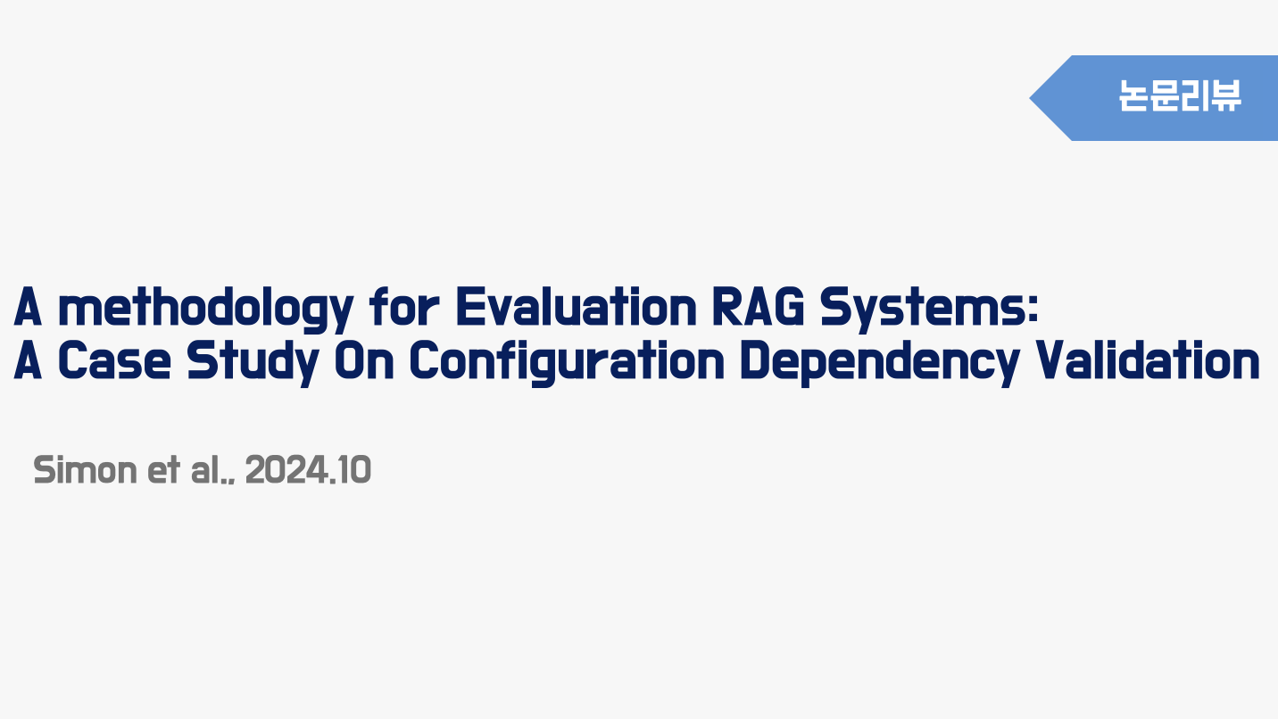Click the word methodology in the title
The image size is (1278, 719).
pos(206,309)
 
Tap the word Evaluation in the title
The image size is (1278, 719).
pos(577,307)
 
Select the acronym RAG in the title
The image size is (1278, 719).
pos(759,307)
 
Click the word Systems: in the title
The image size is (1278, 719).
pos(929,309)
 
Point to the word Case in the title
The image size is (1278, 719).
pos(114,359)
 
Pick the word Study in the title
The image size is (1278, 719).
pos(253,363)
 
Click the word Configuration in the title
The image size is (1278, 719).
pos(567,363)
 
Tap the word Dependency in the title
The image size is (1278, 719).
pos(879,363)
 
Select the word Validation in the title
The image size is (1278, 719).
pos(1148,359)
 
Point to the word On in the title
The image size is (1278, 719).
pos(364,359)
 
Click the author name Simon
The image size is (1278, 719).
pos(85,470)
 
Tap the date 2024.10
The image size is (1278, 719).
pos(308,470)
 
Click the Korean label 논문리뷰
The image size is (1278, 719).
pos(1180,95)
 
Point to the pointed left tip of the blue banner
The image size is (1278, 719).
pos(1030,98)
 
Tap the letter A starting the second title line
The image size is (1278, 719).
pos(28,359)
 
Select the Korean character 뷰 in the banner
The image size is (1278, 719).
pos(1225,95)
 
